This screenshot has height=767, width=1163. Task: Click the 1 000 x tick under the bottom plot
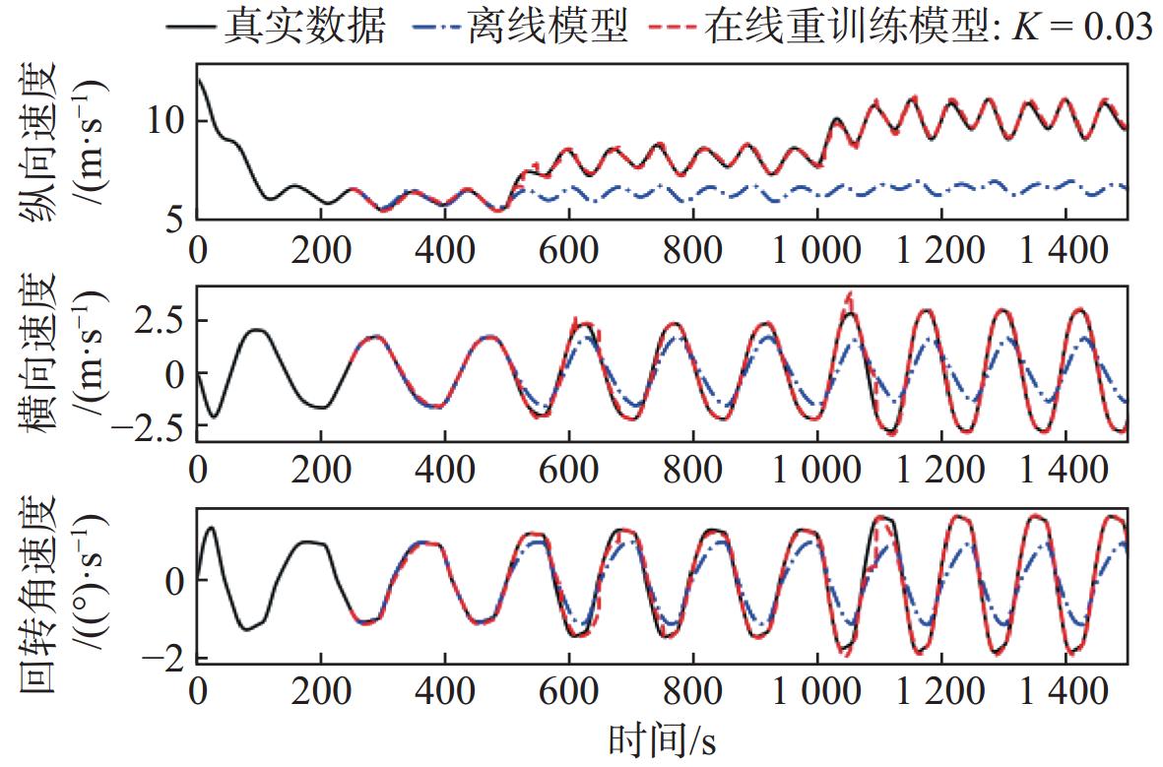pyautogui.click(x=816, y=692)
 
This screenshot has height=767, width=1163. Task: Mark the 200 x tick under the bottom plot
pyautogui.click(x=321, y=692)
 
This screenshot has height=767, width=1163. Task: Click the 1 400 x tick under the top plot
pyautogui.click(x=1065, y=251)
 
